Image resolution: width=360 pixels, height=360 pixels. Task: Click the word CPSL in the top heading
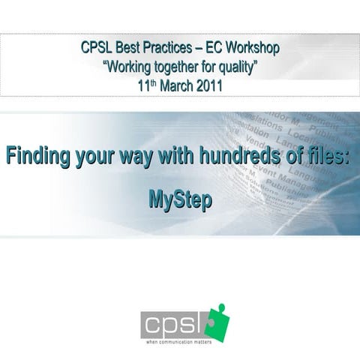point(97,49)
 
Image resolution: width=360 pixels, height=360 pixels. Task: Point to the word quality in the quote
point(238,67)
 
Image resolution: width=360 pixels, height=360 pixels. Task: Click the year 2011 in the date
point(207,85)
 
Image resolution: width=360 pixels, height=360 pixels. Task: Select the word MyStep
point(180,200)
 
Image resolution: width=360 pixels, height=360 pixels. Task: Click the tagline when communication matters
point(178,341)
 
